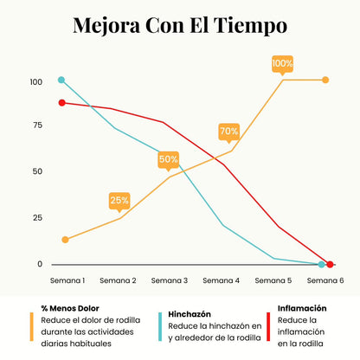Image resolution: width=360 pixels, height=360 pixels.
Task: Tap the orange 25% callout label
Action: pos(119,200)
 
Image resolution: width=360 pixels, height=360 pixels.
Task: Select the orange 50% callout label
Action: pos(169,159)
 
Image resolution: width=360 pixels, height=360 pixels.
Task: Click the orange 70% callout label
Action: pos(229,132)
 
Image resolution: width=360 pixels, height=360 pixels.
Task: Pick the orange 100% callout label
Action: pos(283,63)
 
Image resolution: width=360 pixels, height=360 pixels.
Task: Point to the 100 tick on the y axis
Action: pos(35,83)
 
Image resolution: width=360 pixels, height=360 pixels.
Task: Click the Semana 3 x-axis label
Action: pos(170,280)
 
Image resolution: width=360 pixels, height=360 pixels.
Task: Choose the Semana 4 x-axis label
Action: pos(222,280)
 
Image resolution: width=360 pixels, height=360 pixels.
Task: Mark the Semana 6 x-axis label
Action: pos(325,280)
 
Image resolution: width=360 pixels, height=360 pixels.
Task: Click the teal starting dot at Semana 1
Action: pos(61,80)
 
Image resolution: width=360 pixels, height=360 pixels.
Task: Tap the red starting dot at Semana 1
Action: pos(61,103)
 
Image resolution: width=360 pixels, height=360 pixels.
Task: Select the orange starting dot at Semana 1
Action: pos(66,240)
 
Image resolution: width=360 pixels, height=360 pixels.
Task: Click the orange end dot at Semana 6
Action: pos(325,80)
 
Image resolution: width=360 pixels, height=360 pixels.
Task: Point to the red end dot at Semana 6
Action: pos(331,264)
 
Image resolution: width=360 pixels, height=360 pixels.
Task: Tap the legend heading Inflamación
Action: pos(302,307)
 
